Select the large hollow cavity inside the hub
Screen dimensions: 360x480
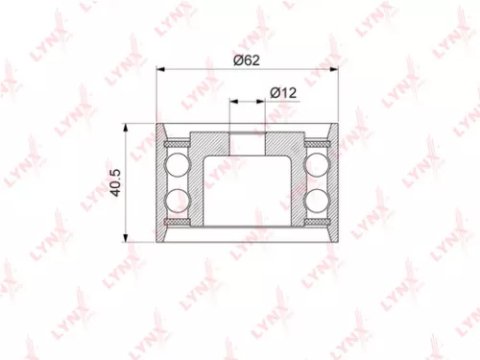pos(248,187)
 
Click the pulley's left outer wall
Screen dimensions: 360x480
pos(158,182)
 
